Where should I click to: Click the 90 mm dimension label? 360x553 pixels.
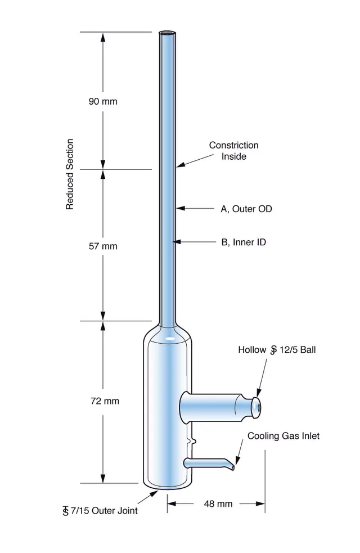click(x=103, y=102)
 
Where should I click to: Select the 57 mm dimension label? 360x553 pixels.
click(x=103, y=246)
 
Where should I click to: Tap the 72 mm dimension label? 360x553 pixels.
click(x=105, y=401)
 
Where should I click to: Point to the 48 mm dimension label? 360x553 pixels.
click(x=218, y=503)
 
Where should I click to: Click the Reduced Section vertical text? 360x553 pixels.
click(x=70, y=174)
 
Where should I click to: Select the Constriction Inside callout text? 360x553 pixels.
click(x=234, y=151)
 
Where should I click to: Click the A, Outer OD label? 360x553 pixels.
click(x=246, y=209)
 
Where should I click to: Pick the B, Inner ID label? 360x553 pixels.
click(x=244, y=242)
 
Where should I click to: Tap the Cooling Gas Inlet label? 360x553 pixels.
click(x=283, y=436)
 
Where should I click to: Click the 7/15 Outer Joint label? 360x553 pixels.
click(x=100, y=511)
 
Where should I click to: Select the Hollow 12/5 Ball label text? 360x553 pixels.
click(x=277, y=350)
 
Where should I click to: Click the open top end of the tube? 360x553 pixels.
click(x=167, y=34)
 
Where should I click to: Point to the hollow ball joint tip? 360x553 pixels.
click(x=257, y=408)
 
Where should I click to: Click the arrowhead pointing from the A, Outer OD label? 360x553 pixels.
click(x=181, y=209)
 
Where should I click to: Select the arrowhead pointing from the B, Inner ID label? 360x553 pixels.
click(x=176, y=242)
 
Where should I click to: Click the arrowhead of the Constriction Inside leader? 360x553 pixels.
click(x=181, y=164)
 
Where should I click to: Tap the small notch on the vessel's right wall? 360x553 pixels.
click(x=192, y=441)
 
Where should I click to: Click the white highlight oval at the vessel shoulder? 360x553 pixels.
click(x=170, y=338)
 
